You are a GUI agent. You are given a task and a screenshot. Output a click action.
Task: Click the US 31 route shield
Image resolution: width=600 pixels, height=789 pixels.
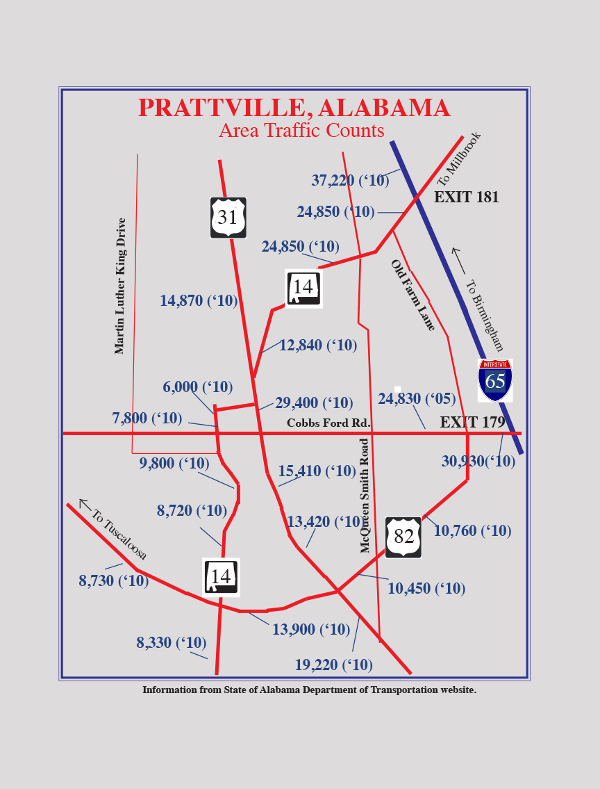click(228, 218)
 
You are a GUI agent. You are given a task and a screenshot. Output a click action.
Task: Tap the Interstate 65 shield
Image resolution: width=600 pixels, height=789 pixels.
click(495, 380)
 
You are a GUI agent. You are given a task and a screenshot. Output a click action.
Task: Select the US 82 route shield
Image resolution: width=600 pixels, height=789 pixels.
click(403, 537)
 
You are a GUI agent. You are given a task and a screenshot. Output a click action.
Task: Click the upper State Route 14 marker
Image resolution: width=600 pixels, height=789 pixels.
click(303, 288)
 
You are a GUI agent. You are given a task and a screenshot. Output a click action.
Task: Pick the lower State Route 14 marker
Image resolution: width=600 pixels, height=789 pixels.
click(221, 577)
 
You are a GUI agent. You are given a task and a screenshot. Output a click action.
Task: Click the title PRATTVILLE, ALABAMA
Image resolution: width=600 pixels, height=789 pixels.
click(294, 108)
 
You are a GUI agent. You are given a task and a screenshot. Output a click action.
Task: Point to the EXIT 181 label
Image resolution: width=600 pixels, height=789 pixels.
click(466, 197)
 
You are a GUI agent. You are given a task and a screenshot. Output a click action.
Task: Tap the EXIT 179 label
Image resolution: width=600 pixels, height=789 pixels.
click(472, 422)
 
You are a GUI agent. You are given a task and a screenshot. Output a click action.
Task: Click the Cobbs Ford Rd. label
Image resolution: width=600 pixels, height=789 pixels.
click(328, 423)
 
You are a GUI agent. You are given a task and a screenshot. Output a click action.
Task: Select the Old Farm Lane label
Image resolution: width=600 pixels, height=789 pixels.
click(412, 295)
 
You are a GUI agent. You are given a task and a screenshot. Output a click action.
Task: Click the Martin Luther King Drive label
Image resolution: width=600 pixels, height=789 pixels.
click(121, 286)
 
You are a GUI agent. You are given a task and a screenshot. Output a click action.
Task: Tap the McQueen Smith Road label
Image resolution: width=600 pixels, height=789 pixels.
click(365, 495)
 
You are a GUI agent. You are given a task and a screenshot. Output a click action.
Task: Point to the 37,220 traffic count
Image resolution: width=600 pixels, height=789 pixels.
click(350, 181)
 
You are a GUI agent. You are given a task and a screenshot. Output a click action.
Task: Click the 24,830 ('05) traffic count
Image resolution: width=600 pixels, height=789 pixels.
click(417, 399)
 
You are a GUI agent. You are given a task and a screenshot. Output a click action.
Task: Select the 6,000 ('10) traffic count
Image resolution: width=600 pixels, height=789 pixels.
click(197, 387)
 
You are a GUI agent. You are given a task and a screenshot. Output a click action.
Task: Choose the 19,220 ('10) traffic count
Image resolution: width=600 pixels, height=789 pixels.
click(333, 665)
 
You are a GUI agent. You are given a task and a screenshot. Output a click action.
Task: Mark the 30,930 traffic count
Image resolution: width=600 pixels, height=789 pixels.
click(478, 462)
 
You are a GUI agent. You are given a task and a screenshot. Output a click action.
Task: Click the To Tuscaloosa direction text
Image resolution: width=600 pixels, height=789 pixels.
click(119, 535)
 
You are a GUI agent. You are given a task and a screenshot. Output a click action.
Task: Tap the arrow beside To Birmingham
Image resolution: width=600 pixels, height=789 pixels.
click(458, 260)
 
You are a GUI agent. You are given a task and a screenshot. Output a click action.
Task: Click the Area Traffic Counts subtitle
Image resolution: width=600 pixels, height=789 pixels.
click(301, 131)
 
